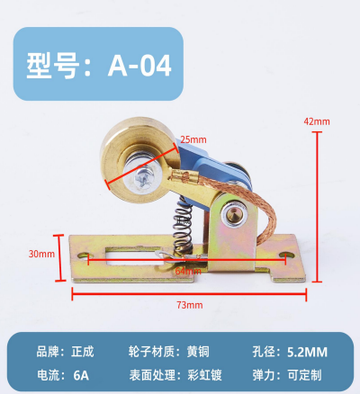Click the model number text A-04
click(139, 66)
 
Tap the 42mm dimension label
click(317, 121)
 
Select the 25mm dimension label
click(193, 139)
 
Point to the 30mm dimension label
click(41, 254)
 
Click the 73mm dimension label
click(190, 305)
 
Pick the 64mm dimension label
click(188, 271)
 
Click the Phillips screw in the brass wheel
click(141, 179)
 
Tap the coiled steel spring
click(183, 227)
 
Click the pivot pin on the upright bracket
click(234, 213)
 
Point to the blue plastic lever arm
click(210, 171)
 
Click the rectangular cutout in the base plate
click(135, 256)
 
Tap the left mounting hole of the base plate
click(84, 255)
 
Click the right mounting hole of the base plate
click(286, 255)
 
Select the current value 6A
click(81, 375)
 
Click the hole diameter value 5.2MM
click(307, 352)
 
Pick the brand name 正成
click(83, 352)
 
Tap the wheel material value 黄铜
click(198, 352)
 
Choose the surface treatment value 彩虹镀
click(204, 375)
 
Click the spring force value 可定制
click(305, 375)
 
